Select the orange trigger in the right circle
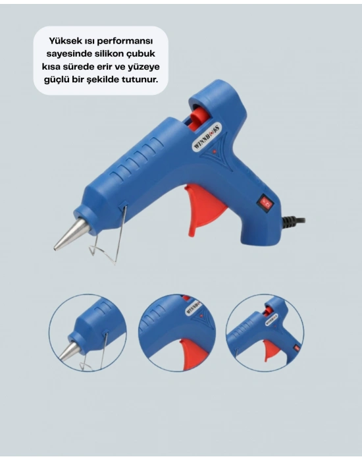(x=271, y=349)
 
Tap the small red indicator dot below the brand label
(x=216, y=153)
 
